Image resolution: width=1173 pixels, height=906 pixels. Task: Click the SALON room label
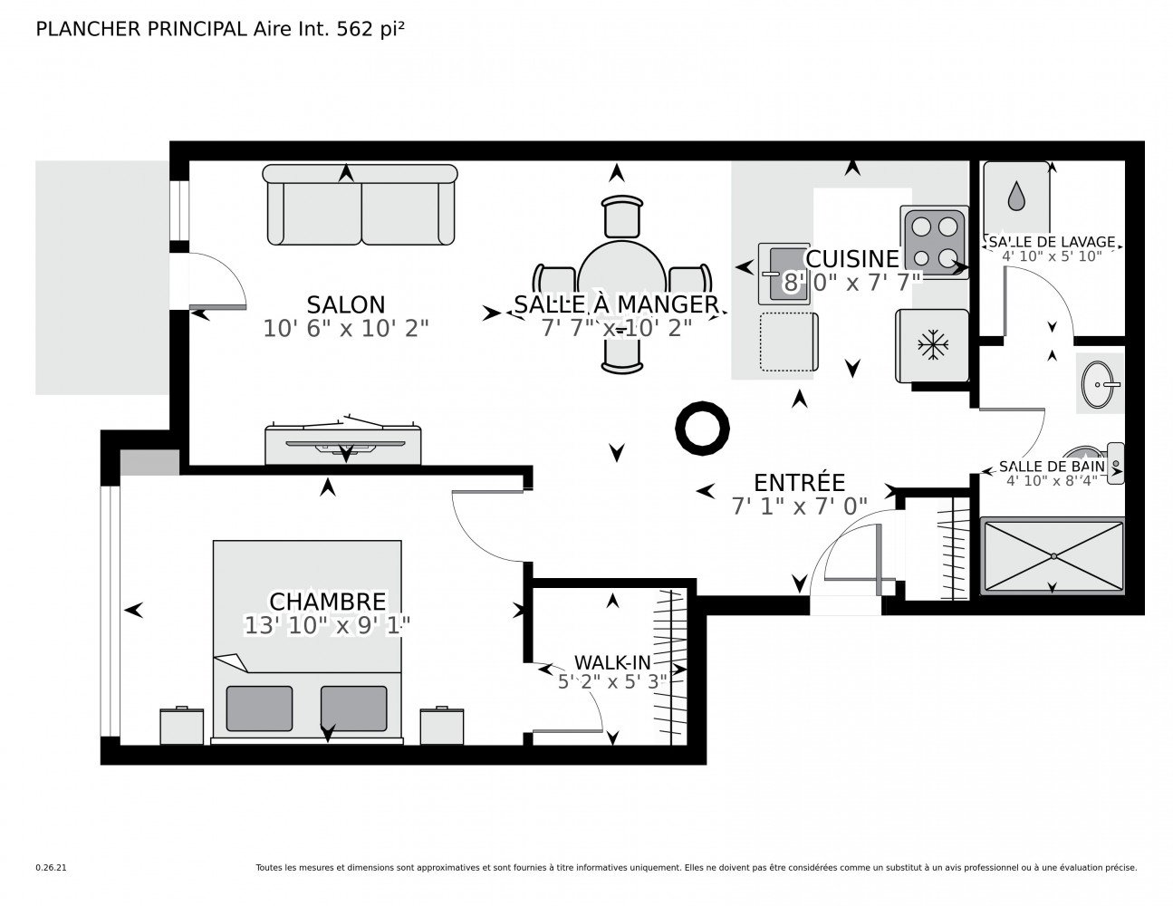(345, 304)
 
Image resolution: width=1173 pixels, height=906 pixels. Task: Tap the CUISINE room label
(851, 258)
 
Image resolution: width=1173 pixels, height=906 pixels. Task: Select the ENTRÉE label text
(799, 482)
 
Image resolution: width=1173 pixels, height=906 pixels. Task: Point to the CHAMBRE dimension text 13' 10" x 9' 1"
(327, 626)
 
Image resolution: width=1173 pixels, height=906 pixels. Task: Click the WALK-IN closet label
(612, 662)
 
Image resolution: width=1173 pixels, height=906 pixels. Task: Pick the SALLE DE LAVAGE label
(1052, 241)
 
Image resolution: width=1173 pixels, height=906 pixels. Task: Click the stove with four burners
(934, 242)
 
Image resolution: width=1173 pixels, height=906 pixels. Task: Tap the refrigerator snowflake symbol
(933, 345)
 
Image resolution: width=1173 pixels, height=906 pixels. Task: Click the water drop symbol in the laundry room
(1016, 196)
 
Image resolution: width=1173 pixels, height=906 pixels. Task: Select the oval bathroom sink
(1098, 384)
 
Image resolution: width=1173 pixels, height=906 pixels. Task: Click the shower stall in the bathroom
(1053, 555)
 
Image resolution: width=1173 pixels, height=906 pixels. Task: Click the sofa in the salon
(360, 205)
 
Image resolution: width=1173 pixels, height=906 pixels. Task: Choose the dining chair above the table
(622, 217)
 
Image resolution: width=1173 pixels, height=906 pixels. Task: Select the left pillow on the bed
(259, 708)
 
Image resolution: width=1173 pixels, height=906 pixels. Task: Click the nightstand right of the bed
(441, 726)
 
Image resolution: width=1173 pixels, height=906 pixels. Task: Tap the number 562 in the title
(354, 29)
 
